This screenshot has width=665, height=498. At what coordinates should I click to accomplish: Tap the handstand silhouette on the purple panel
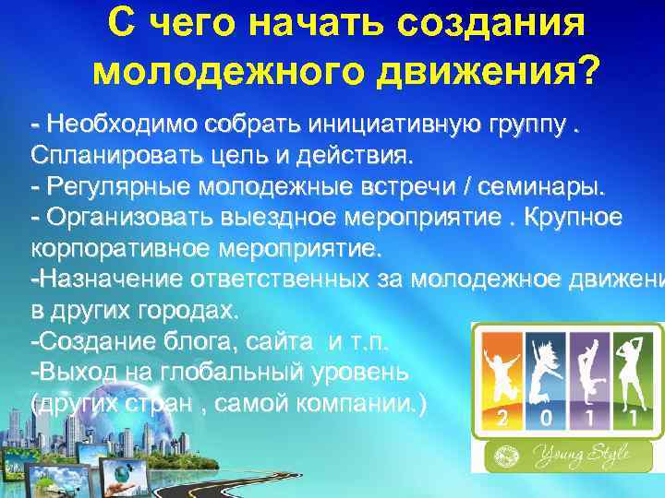pos(585,369)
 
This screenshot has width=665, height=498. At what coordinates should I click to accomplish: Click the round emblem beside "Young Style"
pos(508,455)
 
